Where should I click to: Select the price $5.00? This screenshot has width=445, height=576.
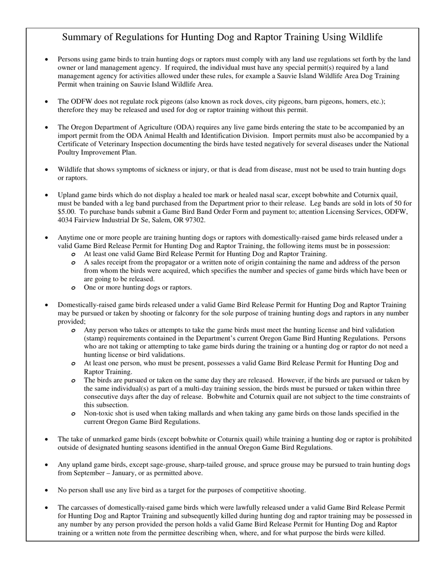pos(66,212)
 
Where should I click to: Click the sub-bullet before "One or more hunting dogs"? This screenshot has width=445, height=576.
pos(74,288)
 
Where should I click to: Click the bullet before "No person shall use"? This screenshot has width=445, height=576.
pos(46,490)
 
